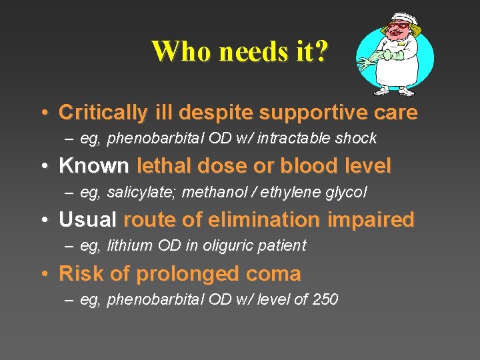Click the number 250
[325, 299]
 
